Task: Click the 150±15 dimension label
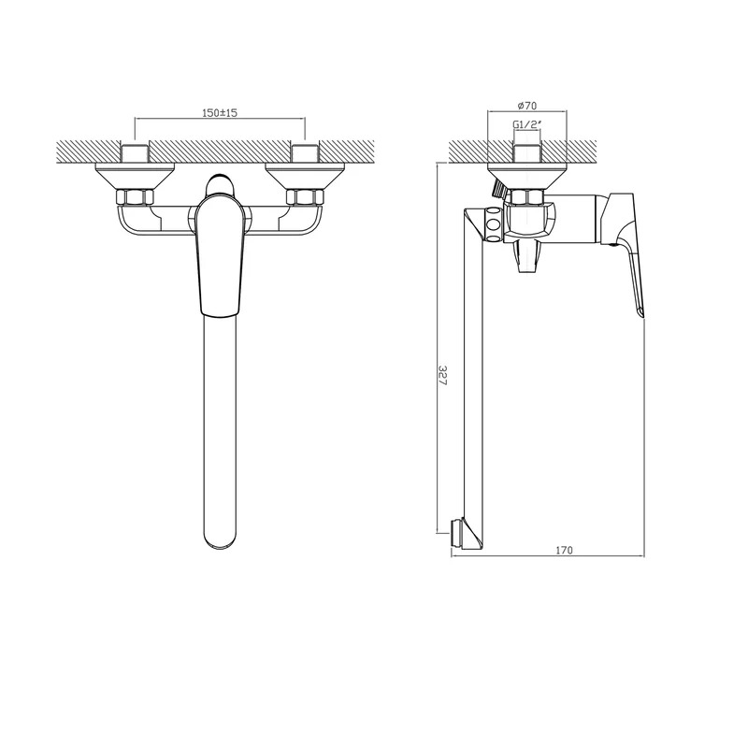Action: [220, 113]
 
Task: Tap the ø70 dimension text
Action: [526, 106]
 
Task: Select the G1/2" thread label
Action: [527, 124]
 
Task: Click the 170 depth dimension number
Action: [564, 550]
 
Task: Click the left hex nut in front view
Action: [136, 197]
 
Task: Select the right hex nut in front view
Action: [305, 197]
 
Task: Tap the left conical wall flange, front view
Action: [136, 176]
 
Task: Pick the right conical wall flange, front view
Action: [305, 176]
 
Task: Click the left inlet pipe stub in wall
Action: [136, 152]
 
